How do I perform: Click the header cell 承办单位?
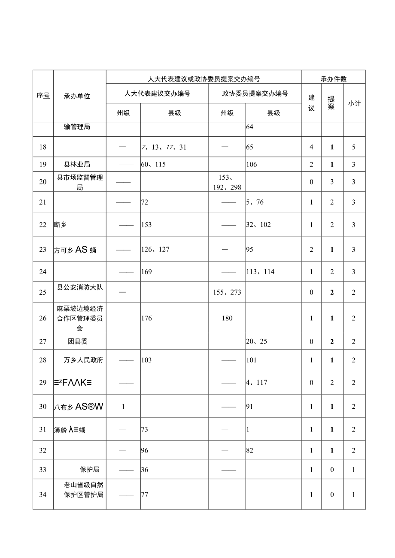click(x=77, y=97)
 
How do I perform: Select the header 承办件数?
click(x=333, y=79)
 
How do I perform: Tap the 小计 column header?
click(x=354, y=103)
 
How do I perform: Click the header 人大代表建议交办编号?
click(x=157, y=94)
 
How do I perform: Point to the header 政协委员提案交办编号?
click(x=255, y=94)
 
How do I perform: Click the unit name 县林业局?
click(x=77, y=164)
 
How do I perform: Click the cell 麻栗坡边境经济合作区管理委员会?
click(x=80, y=318)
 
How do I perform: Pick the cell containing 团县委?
click(x=78, y=341)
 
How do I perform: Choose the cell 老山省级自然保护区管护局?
click(x=80, y=490)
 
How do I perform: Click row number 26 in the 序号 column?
click(x=43, y=318)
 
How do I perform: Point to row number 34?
click(x=43, y=495)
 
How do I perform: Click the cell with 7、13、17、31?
click(x=164, y=147)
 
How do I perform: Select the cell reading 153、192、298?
click(x=227, y=182)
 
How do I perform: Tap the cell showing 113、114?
click(x=260, y=271)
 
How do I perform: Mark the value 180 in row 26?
click(x=227, y=318)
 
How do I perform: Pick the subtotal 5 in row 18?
click(x=354, y=147)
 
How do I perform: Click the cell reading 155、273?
click(x=227, y=293)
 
